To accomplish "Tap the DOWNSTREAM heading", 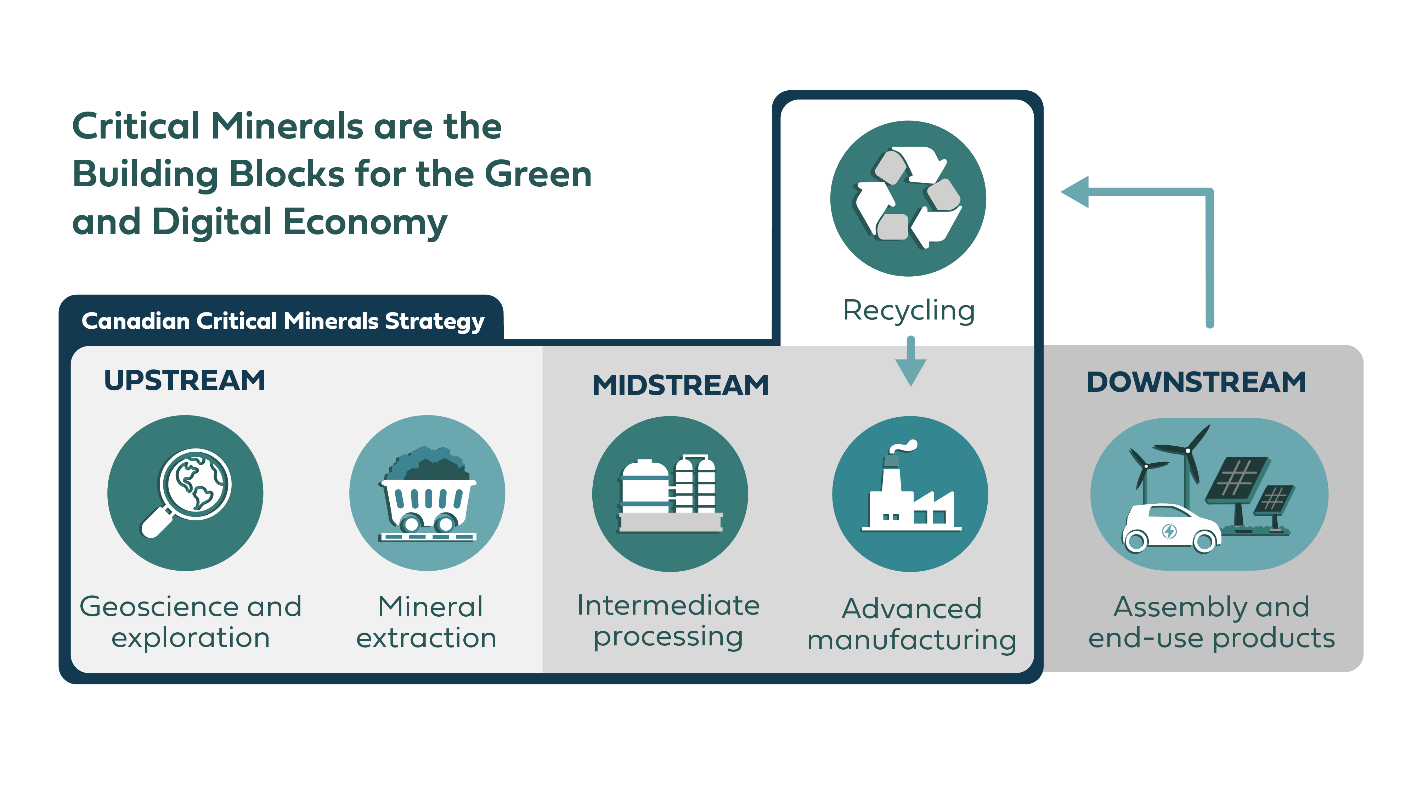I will coord(1196,382).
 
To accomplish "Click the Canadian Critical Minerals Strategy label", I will coord(283,321).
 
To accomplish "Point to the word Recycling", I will coord(909,310).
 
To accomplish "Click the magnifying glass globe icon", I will coord(187,491).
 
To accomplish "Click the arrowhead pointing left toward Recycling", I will coord(1076,192).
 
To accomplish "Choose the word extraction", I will coord(426,638).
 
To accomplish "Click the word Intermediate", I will coord(668,606).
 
